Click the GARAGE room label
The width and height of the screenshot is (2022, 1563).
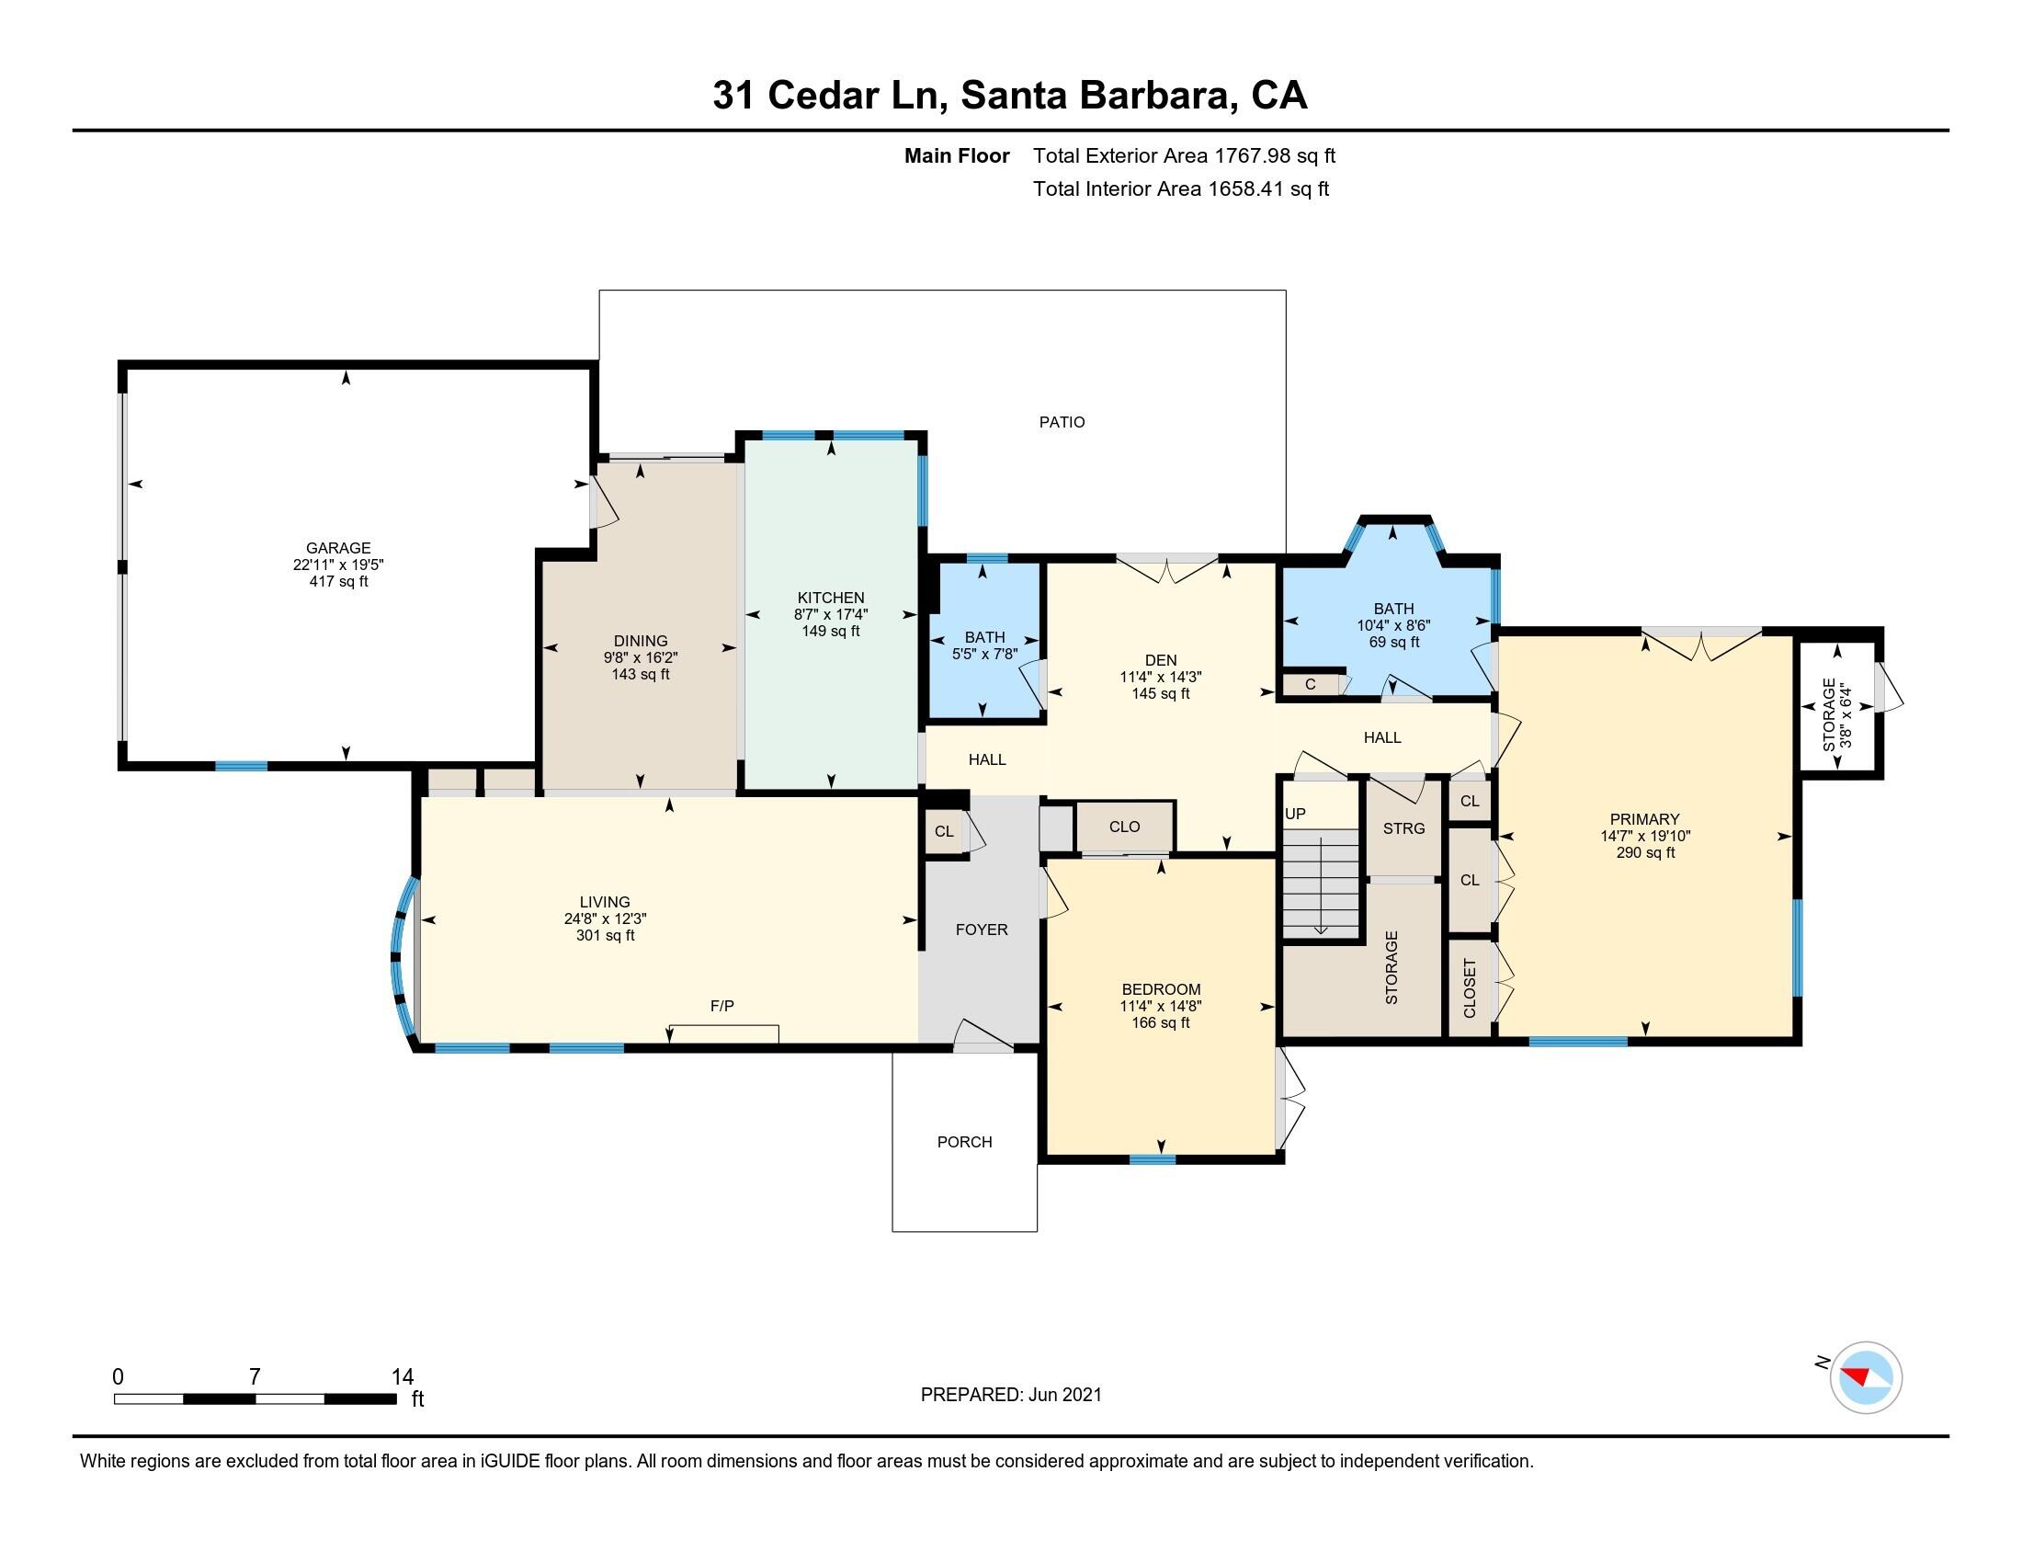[338, 548]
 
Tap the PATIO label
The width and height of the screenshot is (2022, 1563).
[1061, 422]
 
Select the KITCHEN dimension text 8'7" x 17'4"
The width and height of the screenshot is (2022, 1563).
[831, 615]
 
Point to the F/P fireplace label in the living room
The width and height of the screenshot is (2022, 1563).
[721, 1006]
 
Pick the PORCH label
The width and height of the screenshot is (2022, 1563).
[964, 1142]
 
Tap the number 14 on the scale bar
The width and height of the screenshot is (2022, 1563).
[402, 1376]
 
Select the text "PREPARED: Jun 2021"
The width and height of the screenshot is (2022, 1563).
[1011, 1395]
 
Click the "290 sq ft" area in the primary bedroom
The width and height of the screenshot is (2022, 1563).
[1645, 853]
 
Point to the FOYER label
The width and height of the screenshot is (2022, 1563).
[982, 930]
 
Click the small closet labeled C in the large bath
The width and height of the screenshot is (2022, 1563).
[1310, 685]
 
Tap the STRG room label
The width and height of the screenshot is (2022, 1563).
[1403, 828]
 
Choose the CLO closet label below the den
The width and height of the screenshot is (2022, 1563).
[1124, 827]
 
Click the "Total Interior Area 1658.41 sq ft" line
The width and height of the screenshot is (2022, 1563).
[1180, 188]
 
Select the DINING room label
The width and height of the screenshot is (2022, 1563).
[640, 641]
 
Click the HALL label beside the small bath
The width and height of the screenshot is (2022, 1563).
[987, 759]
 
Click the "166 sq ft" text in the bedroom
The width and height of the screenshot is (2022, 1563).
[1160, 1023]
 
